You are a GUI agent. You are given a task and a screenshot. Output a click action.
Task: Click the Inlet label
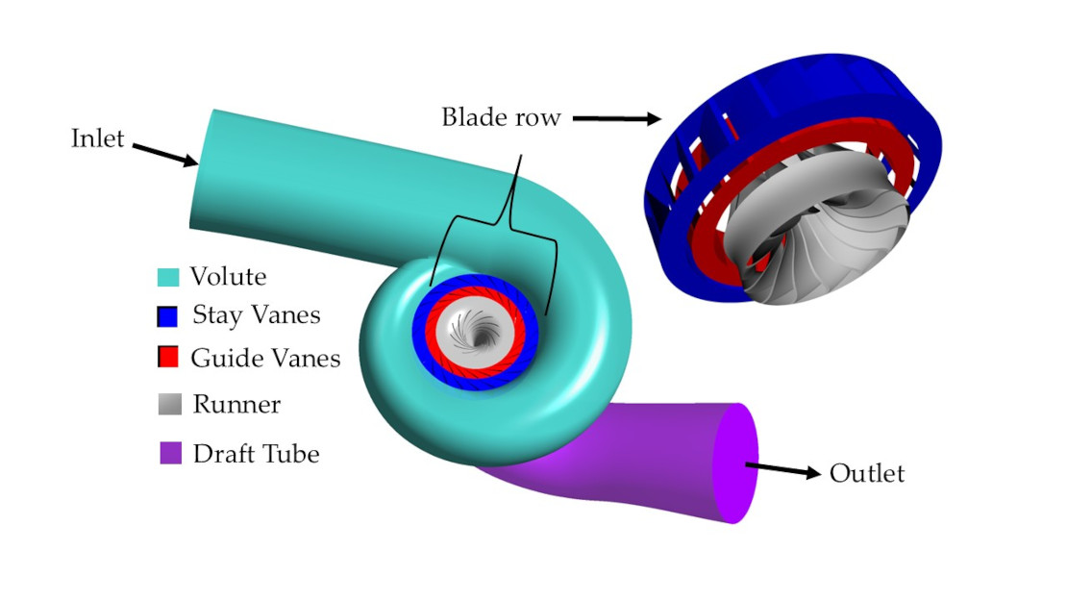point(98,138)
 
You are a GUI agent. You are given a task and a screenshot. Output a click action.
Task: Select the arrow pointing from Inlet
point(164,155)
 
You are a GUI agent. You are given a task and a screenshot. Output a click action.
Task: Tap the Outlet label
point(867,474)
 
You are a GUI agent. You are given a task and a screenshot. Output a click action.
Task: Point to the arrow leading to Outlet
point(783,471)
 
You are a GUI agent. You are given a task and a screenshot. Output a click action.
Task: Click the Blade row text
point(501,117)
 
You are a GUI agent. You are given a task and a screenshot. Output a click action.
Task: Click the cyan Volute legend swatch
point(169,278)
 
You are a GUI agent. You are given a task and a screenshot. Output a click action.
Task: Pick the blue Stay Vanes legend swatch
point(169,315)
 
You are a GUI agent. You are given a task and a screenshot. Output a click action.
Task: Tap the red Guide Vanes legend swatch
point(169,358)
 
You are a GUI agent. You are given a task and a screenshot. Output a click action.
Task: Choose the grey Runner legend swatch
point(169,405)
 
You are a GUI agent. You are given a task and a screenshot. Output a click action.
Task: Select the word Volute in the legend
point(228,277)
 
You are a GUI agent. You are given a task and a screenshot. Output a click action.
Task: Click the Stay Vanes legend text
point(257,314)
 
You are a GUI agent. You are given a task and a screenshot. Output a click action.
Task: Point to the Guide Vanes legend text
point(265,359)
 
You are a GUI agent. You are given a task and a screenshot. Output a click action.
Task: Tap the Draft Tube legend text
point(256,453)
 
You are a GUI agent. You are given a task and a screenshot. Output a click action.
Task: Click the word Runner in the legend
point(236,405)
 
